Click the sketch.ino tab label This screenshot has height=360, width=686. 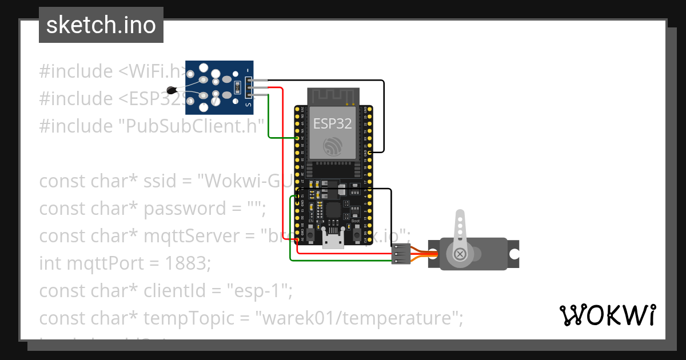[101, 25]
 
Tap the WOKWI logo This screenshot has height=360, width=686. [607, 315]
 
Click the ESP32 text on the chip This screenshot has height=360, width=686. [332, 123]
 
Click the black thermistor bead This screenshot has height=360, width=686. [170, 89]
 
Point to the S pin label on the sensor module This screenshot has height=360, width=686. [248, 105]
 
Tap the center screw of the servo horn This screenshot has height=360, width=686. [460, 254]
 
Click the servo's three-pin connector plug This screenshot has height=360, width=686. [401, 254]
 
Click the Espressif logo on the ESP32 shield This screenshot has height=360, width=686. [332, 146]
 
